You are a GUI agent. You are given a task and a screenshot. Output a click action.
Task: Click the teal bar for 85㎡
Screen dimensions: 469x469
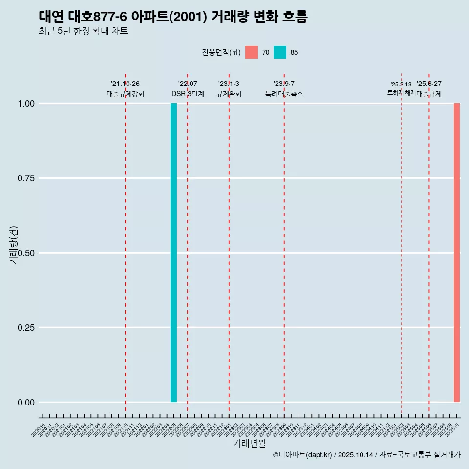173,253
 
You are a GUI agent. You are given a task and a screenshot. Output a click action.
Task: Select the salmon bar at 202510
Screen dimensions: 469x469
457,253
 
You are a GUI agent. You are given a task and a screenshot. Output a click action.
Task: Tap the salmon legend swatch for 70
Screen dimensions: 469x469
252,52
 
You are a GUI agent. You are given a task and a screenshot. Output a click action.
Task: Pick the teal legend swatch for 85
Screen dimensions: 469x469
280,52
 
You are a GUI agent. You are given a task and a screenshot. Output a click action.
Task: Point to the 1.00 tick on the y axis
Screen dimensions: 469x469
26,104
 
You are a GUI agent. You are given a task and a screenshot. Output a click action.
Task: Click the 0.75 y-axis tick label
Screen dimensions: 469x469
26,178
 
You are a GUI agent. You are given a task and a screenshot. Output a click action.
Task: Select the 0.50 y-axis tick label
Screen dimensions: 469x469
26,253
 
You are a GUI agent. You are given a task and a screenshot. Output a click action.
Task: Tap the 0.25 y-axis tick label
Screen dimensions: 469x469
26,328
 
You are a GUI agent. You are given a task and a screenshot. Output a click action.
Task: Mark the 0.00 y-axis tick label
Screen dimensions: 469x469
26,403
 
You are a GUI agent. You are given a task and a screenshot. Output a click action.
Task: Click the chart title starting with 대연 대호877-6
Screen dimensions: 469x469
173,17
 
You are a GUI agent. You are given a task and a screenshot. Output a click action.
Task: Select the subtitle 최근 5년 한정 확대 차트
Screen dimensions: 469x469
83,31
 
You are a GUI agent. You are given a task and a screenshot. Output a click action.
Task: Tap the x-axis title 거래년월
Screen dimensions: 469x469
249,444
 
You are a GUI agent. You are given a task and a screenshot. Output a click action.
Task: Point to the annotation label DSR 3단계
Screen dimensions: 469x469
188,94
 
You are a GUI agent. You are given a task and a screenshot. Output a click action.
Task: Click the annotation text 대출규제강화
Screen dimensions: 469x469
126,94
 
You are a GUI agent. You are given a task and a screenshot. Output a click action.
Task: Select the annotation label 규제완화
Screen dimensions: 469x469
229,94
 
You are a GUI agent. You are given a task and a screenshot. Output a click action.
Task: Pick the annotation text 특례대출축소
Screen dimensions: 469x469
284,94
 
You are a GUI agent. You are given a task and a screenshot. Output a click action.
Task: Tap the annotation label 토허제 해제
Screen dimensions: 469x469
401,93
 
